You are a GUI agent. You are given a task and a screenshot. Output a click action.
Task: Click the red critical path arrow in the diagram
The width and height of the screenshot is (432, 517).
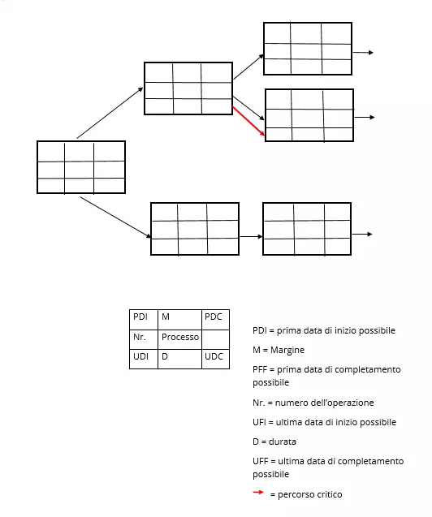pos(249,122)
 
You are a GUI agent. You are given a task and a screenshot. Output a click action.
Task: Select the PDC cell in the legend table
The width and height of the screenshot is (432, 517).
pos(213,317)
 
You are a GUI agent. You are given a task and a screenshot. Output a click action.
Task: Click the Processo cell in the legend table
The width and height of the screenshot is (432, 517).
pos(179,337)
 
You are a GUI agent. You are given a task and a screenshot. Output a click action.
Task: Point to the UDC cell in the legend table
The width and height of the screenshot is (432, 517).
pos(213,357)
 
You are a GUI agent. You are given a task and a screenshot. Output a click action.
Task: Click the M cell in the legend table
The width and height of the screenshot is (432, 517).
pos(179,317)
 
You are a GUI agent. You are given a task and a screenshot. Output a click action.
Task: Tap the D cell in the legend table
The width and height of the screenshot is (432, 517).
pos(179,357)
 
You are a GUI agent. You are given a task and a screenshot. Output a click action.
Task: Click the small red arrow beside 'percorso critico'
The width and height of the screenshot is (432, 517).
pos(258,493)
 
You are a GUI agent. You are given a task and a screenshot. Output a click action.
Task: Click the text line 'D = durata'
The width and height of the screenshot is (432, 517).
pos(274,442)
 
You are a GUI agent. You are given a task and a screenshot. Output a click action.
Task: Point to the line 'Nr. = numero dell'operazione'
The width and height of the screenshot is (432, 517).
pos(313,403)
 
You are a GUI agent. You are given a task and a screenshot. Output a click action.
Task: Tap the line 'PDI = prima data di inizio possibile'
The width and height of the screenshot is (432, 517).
pos(323,330)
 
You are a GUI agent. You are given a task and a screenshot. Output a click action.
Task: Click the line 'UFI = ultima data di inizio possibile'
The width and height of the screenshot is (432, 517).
pos(324,422)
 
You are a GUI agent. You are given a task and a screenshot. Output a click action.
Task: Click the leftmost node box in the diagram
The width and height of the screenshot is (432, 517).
pos(81,168)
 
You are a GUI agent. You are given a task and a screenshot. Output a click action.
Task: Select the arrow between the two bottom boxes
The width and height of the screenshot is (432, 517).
pos(251,236)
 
